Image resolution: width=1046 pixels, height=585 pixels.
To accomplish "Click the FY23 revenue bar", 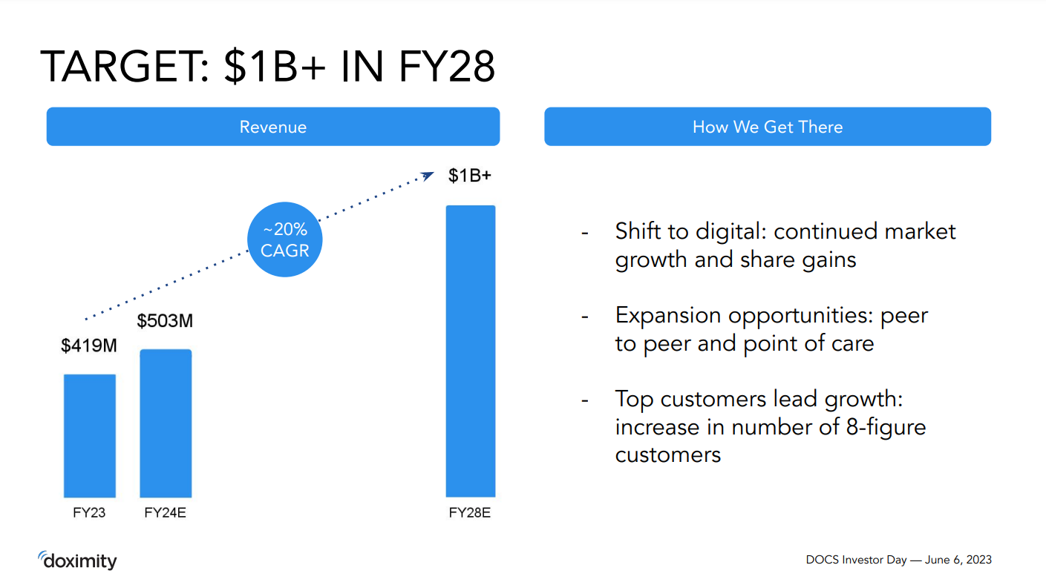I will [89, 435].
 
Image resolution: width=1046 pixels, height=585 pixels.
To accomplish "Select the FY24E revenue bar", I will [166, 423].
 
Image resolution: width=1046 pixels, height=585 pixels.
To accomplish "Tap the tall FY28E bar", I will [470, 351].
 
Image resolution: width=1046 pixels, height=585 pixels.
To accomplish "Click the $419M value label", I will [88, 346].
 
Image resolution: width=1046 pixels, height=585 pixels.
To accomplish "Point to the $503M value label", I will [165, 321].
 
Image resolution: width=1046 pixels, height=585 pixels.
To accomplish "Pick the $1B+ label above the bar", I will [469, 176].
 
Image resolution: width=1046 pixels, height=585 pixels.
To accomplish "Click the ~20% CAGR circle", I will [285, 239].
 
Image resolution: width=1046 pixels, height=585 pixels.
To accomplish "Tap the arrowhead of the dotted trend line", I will [428, 175].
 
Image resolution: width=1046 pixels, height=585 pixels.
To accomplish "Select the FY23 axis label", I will [88, 513].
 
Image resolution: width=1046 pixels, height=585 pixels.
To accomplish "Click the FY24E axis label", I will [165, 513].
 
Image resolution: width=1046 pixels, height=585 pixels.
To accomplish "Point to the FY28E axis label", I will [469, 513].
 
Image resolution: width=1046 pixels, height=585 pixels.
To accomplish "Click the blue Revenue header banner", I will [272, 127].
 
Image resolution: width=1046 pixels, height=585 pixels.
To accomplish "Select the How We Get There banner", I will [767, 127].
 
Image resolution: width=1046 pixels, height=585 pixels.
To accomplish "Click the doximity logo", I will [77, 561].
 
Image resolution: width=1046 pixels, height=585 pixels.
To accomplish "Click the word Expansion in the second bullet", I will [668, 316].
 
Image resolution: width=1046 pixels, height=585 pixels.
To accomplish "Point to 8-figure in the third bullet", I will [885, 427].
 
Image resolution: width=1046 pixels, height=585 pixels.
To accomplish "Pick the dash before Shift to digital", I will [584, 233].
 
